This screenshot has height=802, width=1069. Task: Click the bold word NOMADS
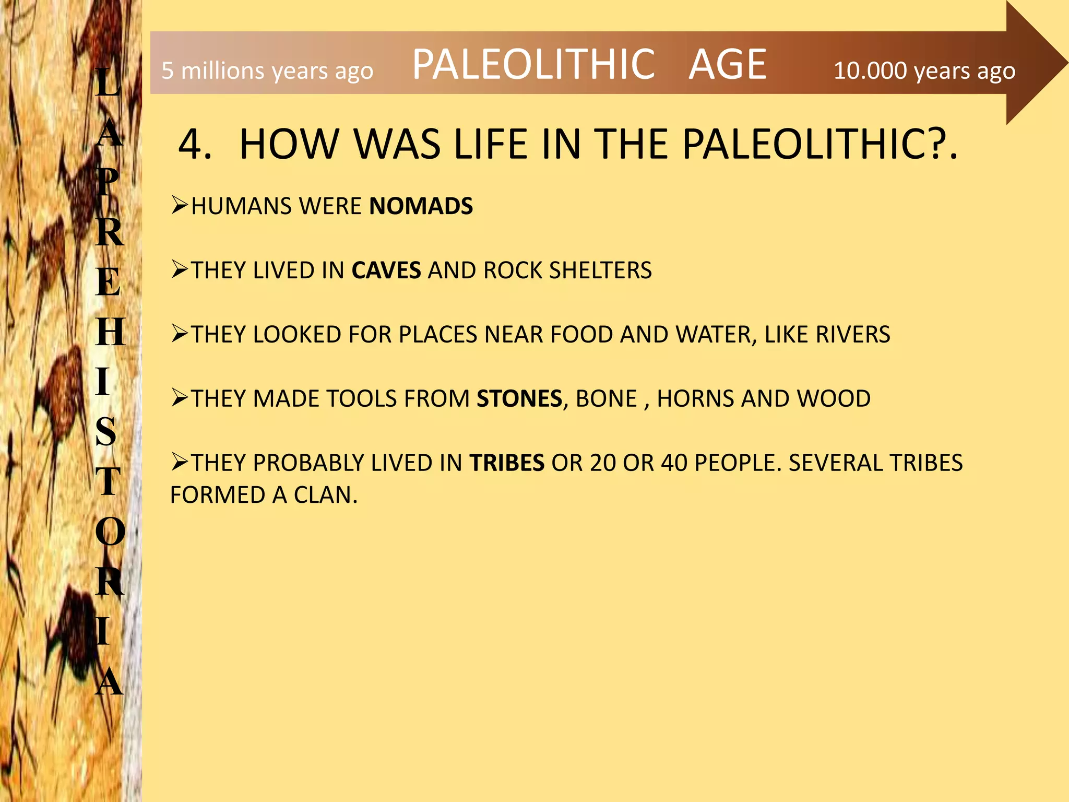[421, 206]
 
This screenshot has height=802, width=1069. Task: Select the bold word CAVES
[386, 270]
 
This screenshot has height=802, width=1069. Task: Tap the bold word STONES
[519, 399]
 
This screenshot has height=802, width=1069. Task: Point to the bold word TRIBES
[507, 463]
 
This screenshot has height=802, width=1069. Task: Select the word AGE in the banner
[728, 64]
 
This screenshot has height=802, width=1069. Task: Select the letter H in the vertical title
[110, 332]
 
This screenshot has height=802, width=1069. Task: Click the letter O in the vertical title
[110, 532]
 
